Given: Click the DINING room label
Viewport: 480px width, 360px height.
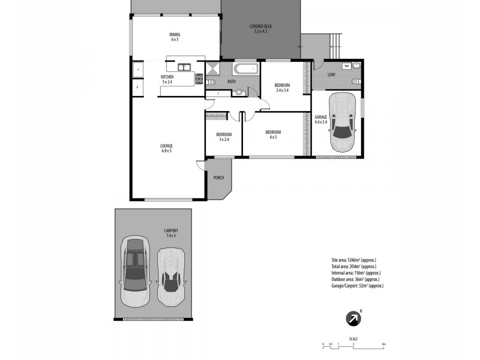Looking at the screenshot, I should (175, 34).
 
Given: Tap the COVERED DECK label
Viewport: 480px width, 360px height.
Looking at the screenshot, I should (262, 26).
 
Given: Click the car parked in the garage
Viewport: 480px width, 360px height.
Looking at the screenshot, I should (343, 123).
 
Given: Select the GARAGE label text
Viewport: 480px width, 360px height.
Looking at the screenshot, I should (320, 116).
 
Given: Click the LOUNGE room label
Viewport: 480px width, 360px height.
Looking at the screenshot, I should (166, 146).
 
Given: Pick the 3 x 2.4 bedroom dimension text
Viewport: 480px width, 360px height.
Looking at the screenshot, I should (223, 139).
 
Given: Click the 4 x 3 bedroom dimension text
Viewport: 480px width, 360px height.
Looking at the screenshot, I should (272, 137).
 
